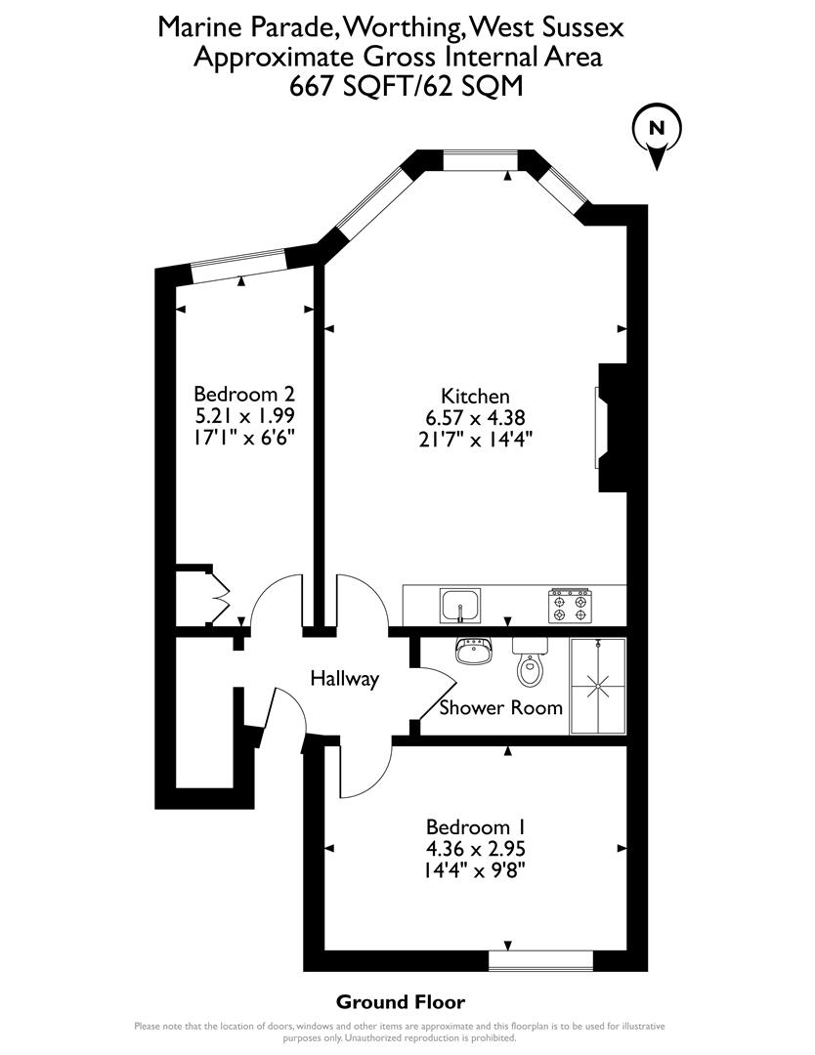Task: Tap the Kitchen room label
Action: (476, 396)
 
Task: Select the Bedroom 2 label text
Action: (244, 394)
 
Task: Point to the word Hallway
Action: (344, 678)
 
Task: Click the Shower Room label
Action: (500, 707)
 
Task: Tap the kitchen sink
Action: (458, 606)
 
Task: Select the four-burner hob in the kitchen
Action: (571, 606)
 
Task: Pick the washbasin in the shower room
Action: (476, 652)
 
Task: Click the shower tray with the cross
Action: (596, 686)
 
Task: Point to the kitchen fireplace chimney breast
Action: (613, 428)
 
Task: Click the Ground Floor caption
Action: (401, 1001)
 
